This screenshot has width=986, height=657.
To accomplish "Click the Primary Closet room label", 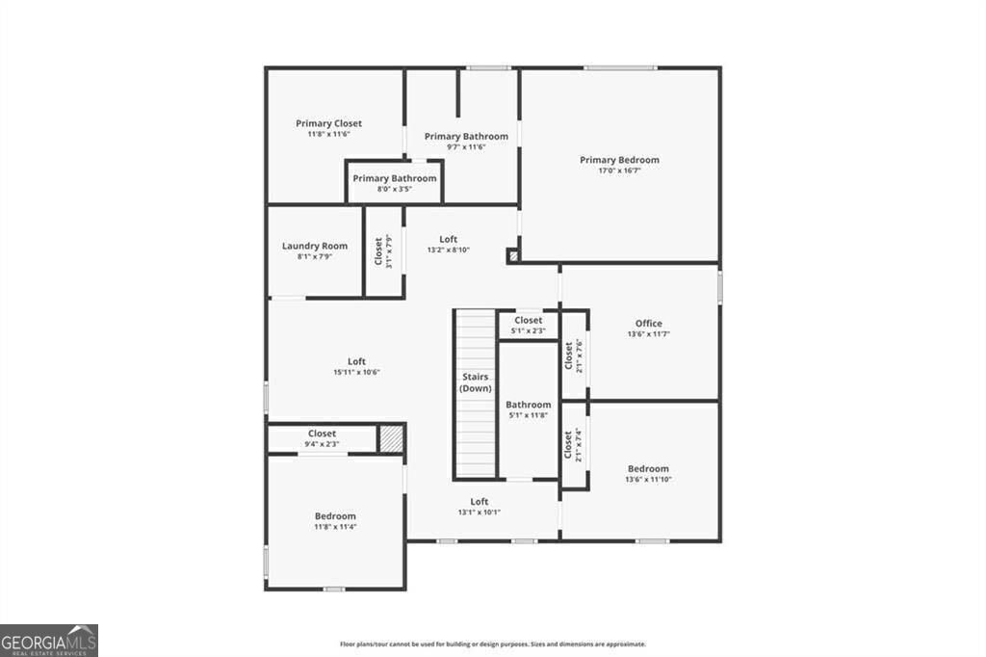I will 328,123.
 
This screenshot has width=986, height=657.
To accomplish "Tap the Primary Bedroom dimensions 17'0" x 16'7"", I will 619,171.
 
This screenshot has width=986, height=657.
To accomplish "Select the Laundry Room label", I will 315,246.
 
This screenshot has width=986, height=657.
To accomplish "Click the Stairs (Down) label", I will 475,382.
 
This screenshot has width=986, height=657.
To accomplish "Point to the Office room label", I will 648,324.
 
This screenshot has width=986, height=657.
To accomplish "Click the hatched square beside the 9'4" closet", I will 391,439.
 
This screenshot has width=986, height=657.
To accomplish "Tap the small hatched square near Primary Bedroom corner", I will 513,256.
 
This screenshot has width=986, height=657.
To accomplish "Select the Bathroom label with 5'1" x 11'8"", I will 529,405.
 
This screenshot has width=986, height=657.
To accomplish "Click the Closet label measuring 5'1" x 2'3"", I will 528,320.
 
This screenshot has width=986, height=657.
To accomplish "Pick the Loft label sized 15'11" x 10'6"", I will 356,362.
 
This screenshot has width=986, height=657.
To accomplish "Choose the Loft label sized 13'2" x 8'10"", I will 449,239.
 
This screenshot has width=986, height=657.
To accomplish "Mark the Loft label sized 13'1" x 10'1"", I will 479,501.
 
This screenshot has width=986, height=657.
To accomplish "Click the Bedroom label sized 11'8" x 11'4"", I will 334,516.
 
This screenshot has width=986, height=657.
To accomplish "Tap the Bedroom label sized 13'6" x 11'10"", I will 648,469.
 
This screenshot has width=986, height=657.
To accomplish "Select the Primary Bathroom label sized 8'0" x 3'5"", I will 394,178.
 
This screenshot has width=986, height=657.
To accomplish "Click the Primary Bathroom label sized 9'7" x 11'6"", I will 466,137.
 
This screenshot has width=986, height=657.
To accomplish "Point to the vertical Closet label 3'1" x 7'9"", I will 378,252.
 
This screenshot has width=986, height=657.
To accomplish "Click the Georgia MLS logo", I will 48,641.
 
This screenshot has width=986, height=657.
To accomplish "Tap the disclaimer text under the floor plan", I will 492,644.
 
